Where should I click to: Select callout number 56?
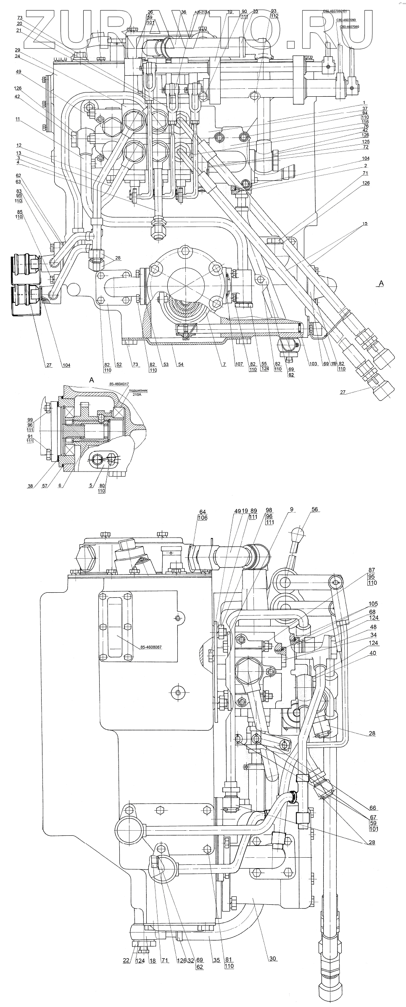point(314,509)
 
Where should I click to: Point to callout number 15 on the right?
point(365,224)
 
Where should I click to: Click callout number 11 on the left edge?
point(18,119)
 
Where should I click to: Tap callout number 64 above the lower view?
point(203,512)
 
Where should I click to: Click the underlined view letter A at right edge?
point(380,284)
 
